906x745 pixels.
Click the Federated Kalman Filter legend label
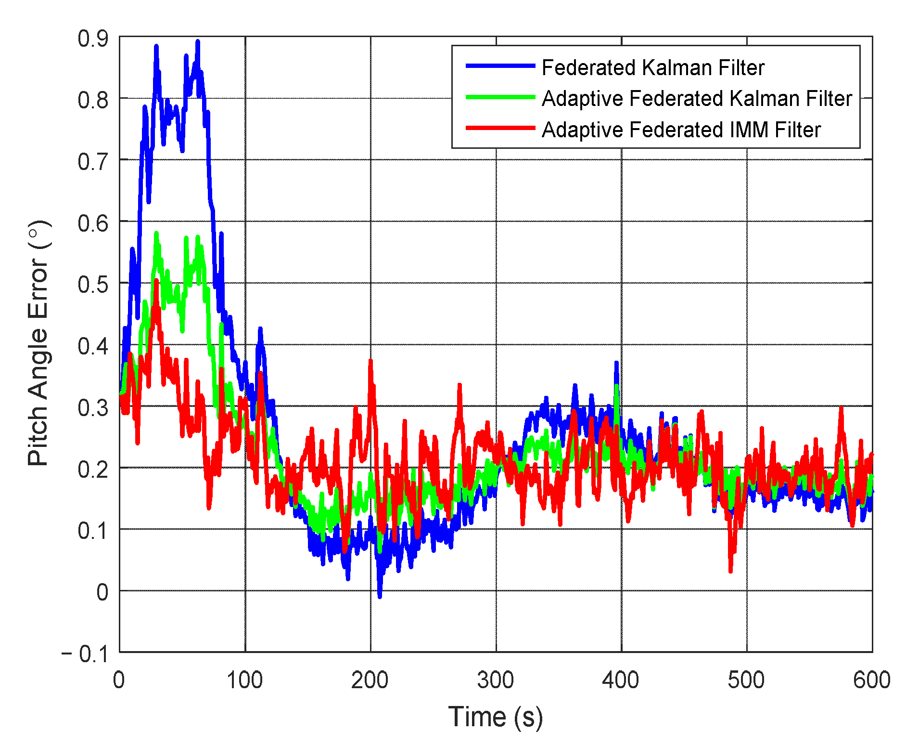coord(652,67)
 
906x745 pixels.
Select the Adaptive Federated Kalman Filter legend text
coord(696,98)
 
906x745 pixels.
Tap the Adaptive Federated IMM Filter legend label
coord(681,130)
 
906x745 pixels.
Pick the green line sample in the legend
coord(500,97)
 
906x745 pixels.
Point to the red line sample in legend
coord(500,128)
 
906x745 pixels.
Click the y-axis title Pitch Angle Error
coord(38,343)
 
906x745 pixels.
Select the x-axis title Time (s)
coord(495,717)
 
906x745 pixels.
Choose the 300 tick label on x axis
coord(495,680)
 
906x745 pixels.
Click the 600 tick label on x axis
coord(871,680)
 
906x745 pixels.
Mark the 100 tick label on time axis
coord(244,680)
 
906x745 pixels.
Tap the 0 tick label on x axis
coord(119,680)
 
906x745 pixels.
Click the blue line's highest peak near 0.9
coord(197,42)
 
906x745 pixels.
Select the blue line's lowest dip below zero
coord(380,596)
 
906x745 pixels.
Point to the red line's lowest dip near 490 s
coord(730,571)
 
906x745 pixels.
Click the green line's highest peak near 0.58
coord(156,234)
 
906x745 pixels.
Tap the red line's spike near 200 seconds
coord(370,361)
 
